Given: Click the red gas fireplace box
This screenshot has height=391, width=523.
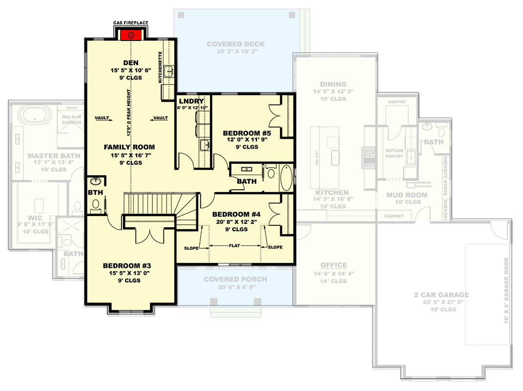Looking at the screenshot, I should pyautogui.click(x=131, y=35).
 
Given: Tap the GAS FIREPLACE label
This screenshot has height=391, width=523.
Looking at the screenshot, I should pyautogui.click(x=131, y=23).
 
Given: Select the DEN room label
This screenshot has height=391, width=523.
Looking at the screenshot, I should pyautogui.click(x=131, y=63).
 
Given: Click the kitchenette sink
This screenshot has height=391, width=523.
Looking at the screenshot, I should pyautogui.click(x=169, y=71).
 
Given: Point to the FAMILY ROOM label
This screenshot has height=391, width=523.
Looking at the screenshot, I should pyautogui.click(x=129, y=147).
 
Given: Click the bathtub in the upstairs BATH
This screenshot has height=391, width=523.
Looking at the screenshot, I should pyautogui.click(x=285, y=178).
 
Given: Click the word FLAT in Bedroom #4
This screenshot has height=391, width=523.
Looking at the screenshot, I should pyautogui.click(x=235, y=247).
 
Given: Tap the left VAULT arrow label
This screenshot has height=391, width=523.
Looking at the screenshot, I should pyautogui.click(x=102, y=118).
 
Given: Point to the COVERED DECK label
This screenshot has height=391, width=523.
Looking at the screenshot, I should pyautogui.click(x=235, y=44).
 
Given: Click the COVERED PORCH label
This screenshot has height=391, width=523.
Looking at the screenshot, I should pyautogui.click(x=235, y=279).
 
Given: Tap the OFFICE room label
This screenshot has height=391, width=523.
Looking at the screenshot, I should pyautogui.click(x=334, y=265).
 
